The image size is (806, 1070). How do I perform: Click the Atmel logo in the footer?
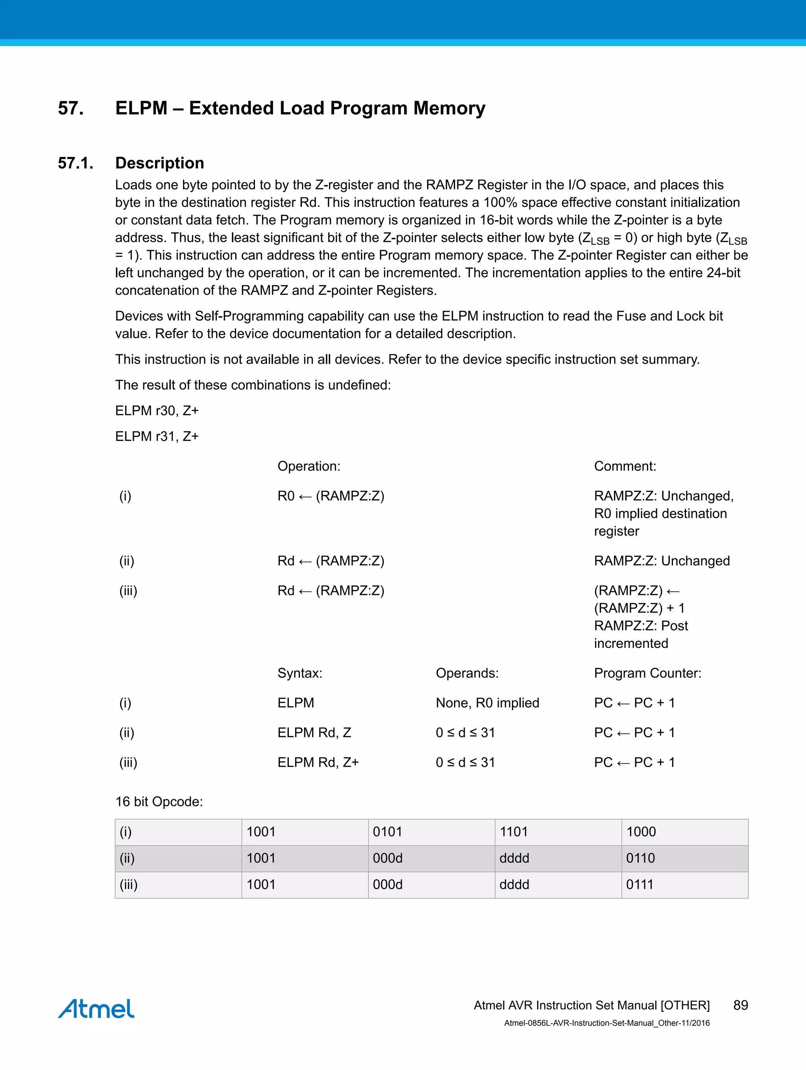pyautogui.click(x=96, y=1009)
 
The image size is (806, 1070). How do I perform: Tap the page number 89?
pyautogui.click(x=740, y=1005)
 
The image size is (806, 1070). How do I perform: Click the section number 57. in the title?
pyautogui.click(x=71, y=108)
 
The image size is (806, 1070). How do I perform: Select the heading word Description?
pyautogui.click(x=159, y=163)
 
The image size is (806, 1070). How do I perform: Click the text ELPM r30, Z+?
pyautogui.click(x=157, y=411)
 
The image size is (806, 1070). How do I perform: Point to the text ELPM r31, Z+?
pyautogui.click(x=157, y=436)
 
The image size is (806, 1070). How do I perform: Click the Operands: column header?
pyautogui.click(x=467, y=673)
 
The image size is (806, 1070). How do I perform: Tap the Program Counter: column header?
pyautogui.click(x=647, y=673)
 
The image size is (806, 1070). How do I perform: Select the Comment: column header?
pyautogui.click(x=625, y=466)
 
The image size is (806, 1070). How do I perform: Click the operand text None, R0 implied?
pyautogui.click(x=487, y=703)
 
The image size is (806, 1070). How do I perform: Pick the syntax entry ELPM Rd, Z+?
pyautogui.click(x=318, y=762)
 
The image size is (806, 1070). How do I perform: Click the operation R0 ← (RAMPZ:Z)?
pyautogui.click(x=331, y=496)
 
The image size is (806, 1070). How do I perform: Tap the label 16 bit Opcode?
pyautogui.click(x=159, y=801)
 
